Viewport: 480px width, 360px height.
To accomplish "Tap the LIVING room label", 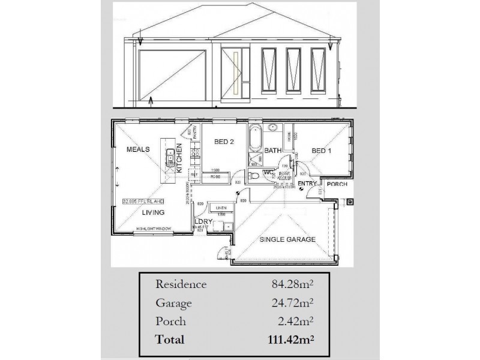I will pos(154,212).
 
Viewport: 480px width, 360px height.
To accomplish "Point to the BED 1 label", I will pos(321,151).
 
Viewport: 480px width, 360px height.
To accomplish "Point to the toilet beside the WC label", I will pos(254,175).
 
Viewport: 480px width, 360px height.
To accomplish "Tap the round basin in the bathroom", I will pos(272,127).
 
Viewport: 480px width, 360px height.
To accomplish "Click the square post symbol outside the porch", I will pos(350,202).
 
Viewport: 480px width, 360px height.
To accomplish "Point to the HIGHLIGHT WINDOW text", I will pos(153,229).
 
